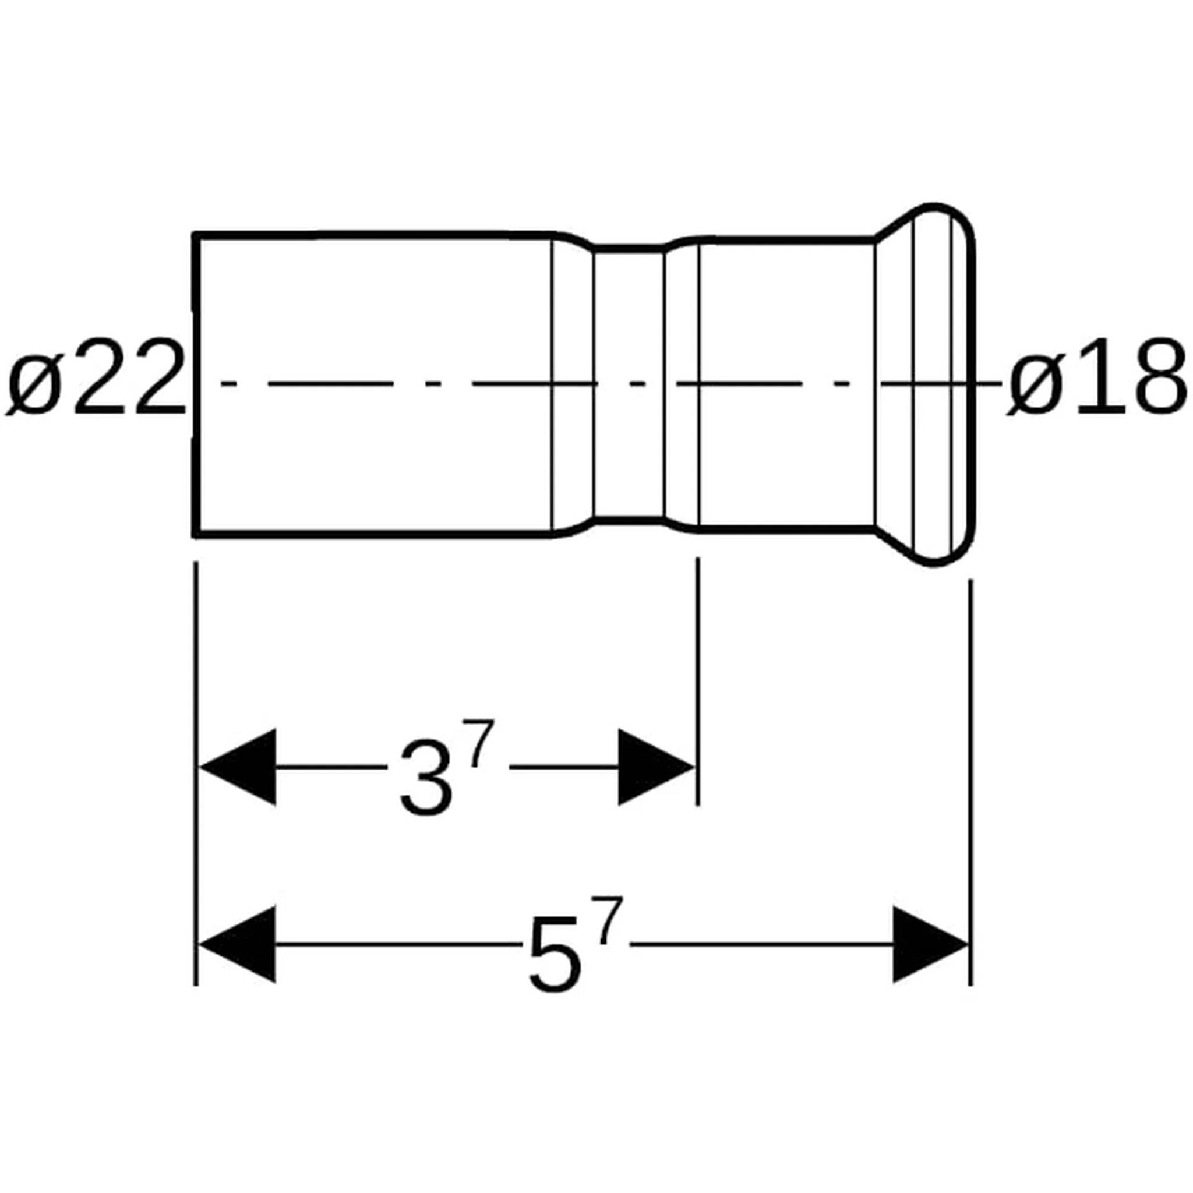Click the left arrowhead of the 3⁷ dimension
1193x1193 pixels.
[x=238, y=767]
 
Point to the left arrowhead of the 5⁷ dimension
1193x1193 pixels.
[x=238, y=944]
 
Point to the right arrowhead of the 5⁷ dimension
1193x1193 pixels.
[x=930, y=944]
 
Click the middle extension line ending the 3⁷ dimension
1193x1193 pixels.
[x=698, y=679]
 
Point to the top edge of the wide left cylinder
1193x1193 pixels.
[x=370, y=235]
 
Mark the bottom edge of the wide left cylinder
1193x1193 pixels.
[x=370, y=534]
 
